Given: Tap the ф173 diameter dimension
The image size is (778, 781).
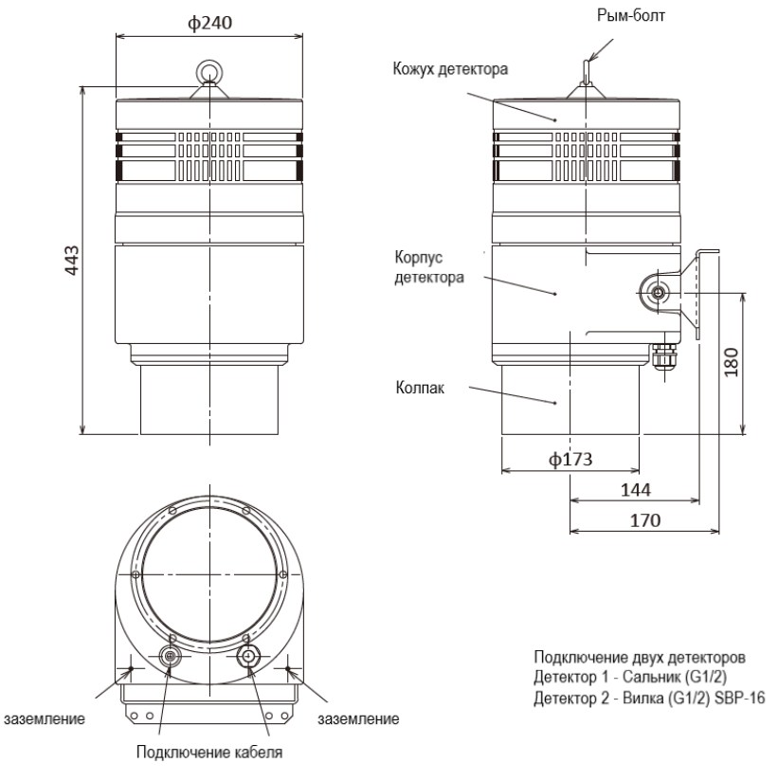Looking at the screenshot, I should pos(570,460).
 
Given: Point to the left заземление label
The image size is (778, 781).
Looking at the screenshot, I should pos(47,719).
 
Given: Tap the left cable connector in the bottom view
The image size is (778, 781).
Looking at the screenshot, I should pos(171,657).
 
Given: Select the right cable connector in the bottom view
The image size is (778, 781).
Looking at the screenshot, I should pos(249,657).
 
